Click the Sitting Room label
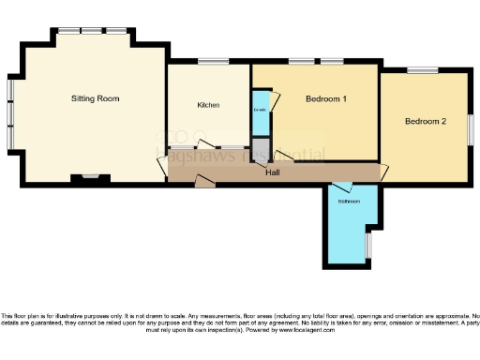[x=96, y=97]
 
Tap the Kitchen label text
[x=208, y=105]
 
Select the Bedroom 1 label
[x=326, y=98]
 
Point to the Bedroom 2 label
[x=425, y=122]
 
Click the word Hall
[x=273, y=172]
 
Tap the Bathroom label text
[x=349, y=201]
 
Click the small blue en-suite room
[x=260, y=112]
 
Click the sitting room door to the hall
[x=162, y=166]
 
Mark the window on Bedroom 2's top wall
[x=423, y=70]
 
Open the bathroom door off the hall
[x=344, y=187]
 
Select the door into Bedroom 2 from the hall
[x=384, y=172]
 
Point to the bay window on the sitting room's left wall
[x=10, y=112]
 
